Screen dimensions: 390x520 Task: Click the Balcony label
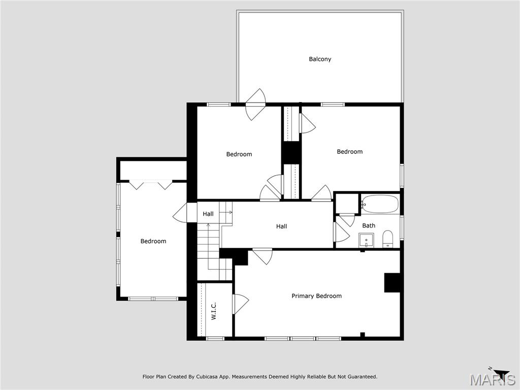[320, 59]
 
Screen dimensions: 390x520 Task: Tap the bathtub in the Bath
[380, 204]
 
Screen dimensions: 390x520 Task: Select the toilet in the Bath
[387, 239]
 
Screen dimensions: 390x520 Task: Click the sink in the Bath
[366, 240]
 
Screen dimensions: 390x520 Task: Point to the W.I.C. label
[214, 311]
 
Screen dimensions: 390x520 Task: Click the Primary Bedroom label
[316, 296]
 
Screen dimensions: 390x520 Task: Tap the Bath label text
[369, 225]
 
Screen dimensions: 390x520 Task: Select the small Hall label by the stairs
[208, 214]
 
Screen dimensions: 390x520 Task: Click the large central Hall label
[281, 226]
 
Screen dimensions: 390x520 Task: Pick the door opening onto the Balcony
[255, 105]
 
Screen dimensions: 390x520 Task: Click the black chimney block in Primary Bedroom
[392, 283]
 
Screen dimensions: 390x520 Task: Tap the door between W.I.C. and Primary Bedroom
[240, 304]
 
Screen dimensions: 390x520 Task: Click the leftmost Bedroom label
[153, 241]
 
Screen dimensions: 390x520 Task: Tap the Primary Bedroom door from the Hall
[263, 255]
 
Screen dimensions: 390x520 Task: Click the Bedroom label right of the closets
[349, 151]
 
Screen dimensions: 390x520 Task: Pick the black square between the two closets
[291, 152]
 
